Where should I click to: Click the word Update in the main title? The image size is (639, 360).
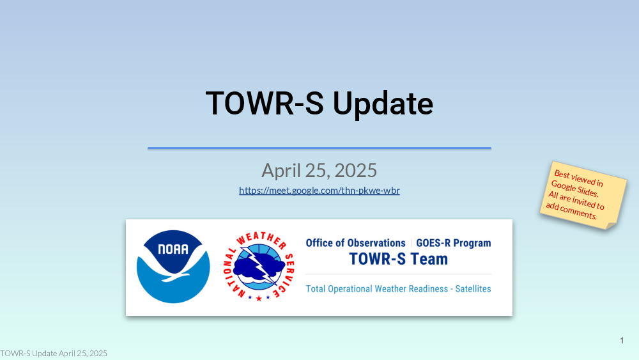pos(383,104)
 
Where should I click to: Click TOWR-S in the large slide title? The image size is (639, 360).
pos(265,103)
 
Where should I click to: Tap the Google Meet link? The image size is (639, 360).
pos(319,191)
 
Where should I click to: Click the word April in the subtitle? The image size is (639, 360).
pos(281,171)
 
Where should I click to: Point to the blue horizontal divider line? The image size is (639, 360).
pos(319,148)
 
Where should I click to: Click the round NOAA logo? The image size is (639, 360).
pos(173,267)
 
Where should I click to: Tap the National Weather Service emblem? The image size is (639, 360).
pos(259,267)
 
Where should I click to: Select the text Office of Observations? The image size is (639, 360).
pos(355,243)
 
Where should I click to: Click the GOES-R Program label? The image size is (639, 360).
pos(454,243)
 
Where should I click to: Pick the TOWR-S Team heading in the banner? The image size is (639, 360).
pos(399,259)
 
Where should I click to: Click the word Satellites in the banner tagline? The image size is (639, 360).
pos(473,288)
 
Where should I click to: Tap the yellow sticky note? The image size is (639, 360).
pos(583,195)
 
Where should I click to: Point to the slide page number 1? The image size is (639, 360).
pos(622,340)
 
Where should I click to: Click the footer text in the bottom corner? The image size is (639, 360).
pos(54,353)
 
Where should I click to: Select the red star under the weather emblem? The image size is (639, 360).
pos(259,299)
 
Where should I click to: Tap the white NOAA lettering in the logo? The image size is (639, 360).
pos(173,249)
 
